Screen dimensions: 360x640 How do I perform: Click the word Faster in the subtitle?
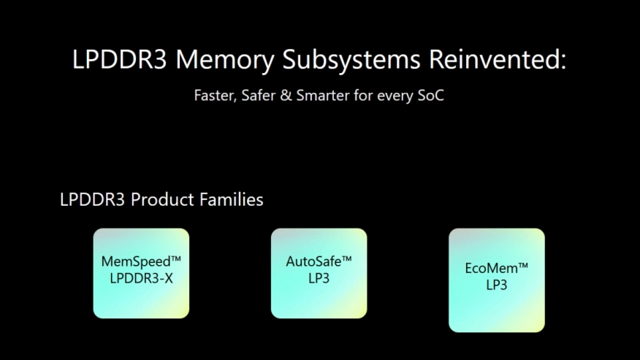pyautogui.click(x=213, y=96)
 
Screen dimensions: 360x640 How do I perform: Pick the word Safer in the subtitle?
pyautogui.click(x=259, y=96)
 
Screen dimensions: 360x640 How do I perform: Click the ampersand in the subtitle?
pyautogui.click(x=286, y=96)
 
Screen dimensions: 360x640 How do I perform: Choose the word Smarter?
pyautogui.click(x=321, y=96)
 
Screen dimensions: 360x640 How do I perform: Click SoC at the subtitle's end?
pyautogui.click(x=430, y=96)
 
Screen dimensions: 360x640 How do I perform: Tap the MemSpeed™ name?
pyautogui.click(x=141, y=261)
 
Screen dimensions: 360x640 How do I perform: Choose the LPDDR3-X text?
pyautogui.click(x=141, y=277)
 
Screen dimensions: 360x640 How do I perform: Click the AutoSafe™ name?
pyautogui.click(x=319, y=261)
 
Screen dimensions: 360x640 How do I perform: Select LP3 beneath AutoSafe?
pyautogui.click(x=319, y=277)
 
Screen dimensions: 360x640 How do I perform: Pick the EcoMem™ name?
pyautogui.click(x=496, y=268)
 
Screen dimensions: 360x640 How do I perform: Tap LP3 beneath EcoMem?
pyautogui.click(x=496, y=285)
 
